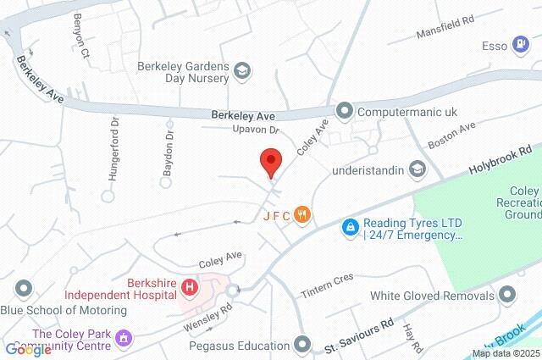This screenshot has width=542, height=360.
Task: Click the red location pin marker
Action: tap(270, 161)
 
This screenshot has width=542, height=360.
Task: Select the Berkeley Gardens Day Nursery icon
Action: tap(241, 70)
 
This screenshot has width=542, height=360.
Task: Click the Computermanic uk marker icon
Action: tap(344, 110)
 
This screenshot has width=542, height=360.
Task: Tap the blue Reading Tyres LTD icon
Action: tap(349, 227)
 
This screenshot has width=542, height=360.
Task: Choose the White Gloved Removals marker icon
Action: tap(507, 296)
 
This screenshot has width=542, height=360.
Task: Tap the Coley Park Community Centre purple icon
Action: tap(124, 339)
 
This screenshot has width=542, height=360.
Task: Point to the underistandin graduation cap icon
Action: tap(417, 169)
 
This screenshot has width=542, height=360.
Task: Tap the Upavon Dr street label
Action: tap(256, 130)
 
